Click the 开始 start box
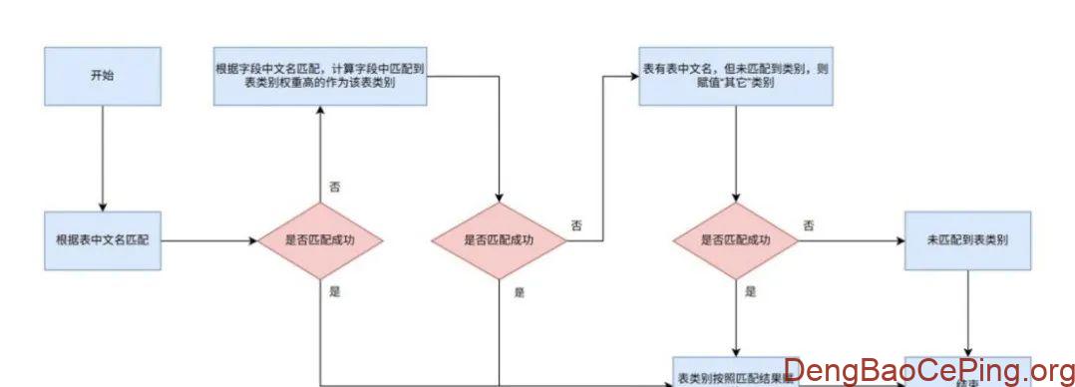[102, 75]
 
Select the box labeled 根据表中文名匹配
[102, 240]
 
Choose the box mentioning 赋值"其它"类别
[735, 75]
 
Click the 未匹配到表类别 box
[966, 240]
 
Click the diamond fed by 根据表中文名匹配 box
[320, 240]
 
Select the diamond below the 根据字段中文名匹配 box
[499, 240]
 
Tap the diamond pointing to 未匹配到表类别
[735, 240]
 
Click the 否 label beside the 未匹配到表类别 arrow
[809, 225]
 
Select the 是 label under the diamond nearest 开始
[334, 291]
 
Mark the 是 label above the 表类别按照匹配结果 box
[750, 291]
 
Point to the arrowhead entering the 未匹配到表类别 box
[899, 240]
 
